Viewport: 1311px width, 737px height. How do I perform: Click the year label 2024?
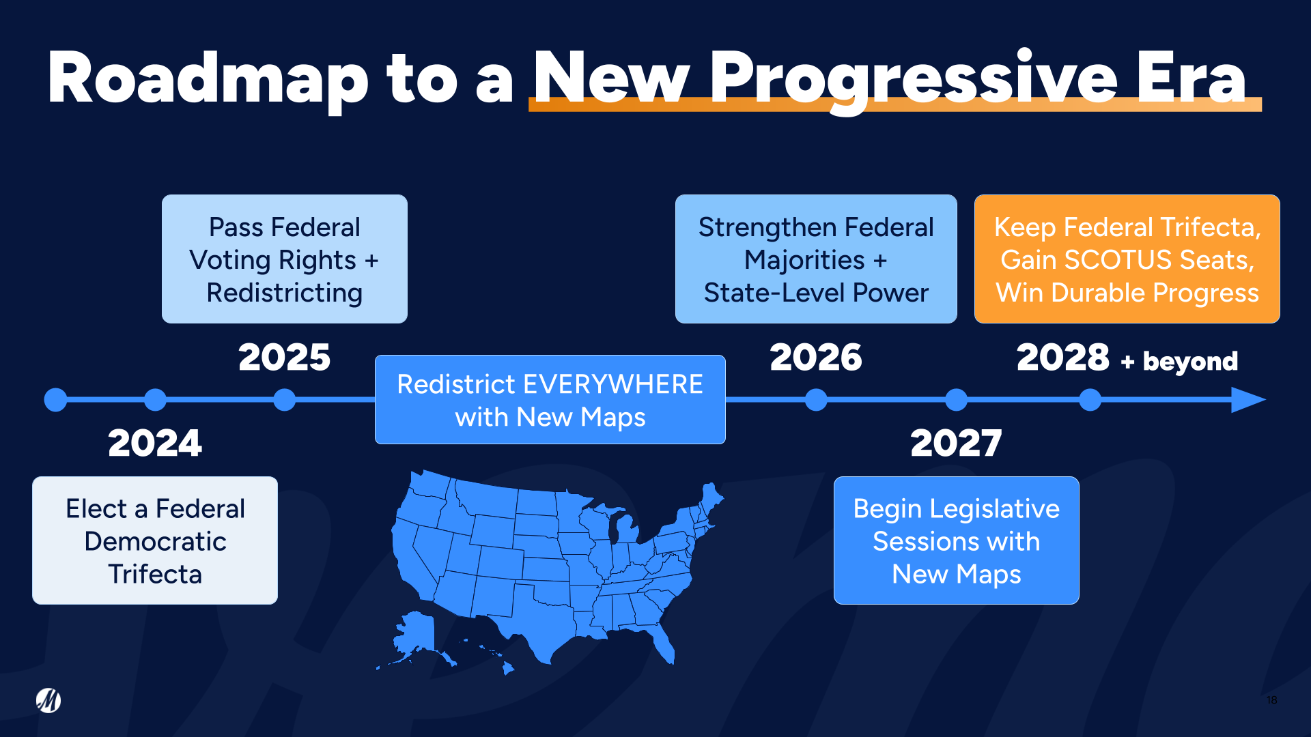(x=155, y=444)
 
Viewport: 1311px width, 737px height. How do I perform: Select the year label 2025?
(x=284, y=358)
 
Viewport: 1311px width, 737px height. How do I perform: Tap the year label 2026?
(x=816, y=358)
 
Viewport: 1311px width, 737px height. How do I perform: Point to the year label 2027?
(x=956, y=444)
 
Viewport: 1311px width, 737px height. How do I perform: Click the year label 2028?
(x=1062, y=358)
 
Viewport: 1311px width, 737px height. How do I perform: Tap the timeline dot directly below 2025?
(x=284, y=400)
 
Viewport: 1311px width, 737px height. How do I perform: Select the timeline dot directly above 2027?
(x=956, y=400)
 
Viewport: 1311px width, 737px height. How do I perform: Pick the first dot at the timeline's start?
(x=55, y=400)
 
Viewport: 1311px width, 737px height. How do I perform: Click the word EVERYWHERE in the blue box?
(x=612, y=384)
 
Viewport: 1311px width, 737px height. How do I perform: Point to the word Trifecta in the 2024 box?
(x=155, y=574)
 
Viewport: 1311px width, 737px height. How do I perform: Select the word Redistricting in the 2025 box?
(x=284, y=293)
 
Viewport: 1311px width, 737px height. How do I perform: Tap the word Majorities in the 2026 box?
(x=804, y=260)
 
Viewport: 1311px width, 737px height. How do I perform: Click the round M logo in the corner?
(x=48, y=700)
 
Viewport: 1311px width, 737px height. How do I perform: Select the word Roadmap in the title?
(x=208, y=78)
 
